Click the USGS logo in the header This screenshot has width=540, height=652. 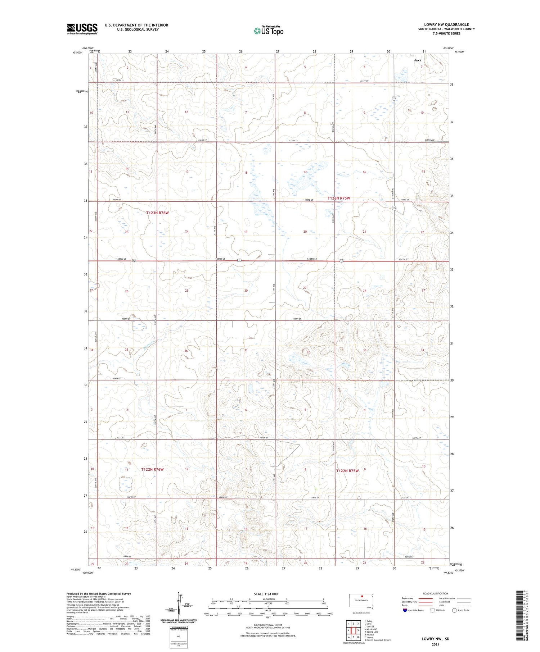tap(82, 29)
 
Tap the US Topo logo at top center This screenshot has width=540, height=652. tap(269, 31)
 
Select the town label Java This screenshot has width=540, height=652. tap(417, 60)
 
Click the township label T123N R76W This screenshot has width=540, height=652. tap(157, 213)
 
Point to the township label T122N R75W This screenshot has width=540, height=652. tap(347, 471)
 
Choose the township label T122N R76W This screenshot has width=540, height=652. tap(152, 469)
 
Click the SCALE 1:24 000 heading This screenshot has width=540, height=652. tap(266, 594)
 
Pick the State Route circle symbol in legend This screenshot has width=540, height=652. tap(454, 610)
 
